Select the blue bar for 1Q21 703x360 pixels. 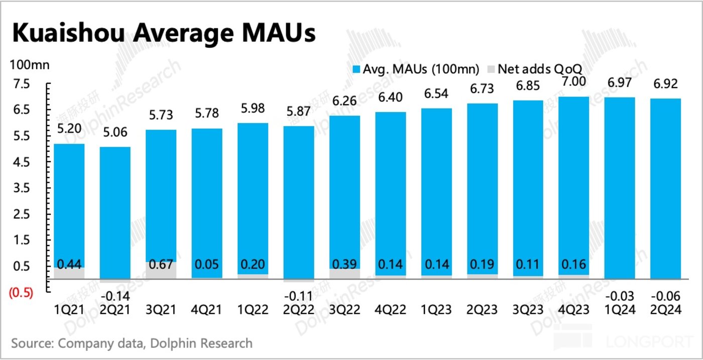(x=69, y=201)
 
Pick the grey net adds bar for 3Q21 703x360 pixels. (x=161, y=270)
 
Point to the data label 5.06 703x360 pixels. (x=115, y=133)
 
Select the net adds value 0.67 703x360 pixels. (x=161, y=265)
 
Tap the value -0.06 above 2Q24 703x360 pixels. (x=665, y=295)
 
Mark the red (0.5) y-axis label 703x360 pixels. (x=21, y=293)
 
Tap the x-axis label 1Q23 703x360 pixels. (x=436, y=309)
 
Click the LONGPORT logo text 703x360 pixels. (x=650, y=342)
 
